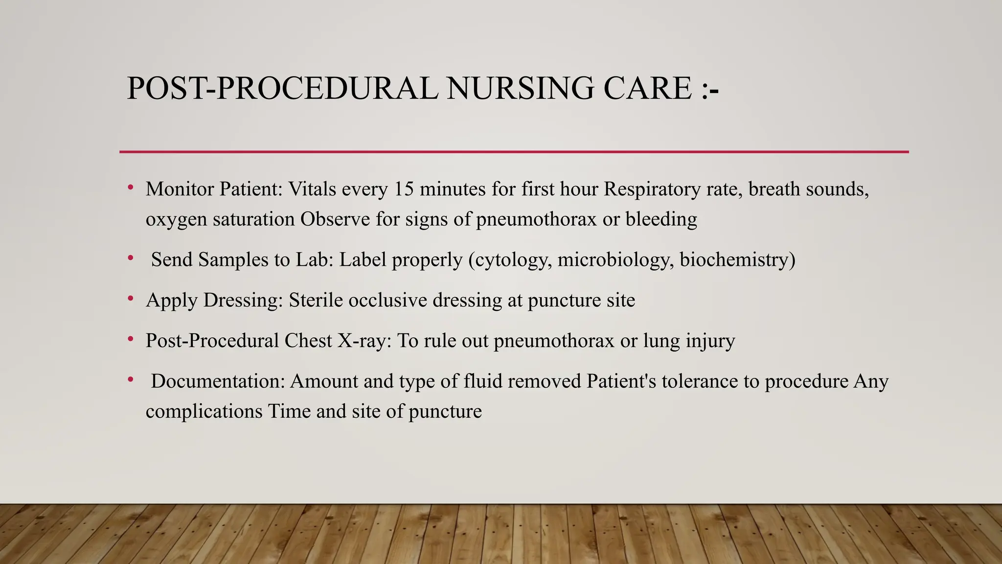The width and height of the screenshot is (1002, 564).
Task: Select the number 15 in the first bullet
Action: click(x=404, y=189)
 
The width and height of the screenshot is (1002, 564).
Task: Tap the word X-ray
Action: click(x=364, y=341)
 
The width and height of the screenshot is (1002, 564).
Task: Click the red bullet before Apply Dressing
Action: click(x=131, y=298)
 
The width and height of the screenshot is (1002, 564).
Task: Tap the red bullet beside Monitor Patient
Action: click(x=131, y=187)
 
